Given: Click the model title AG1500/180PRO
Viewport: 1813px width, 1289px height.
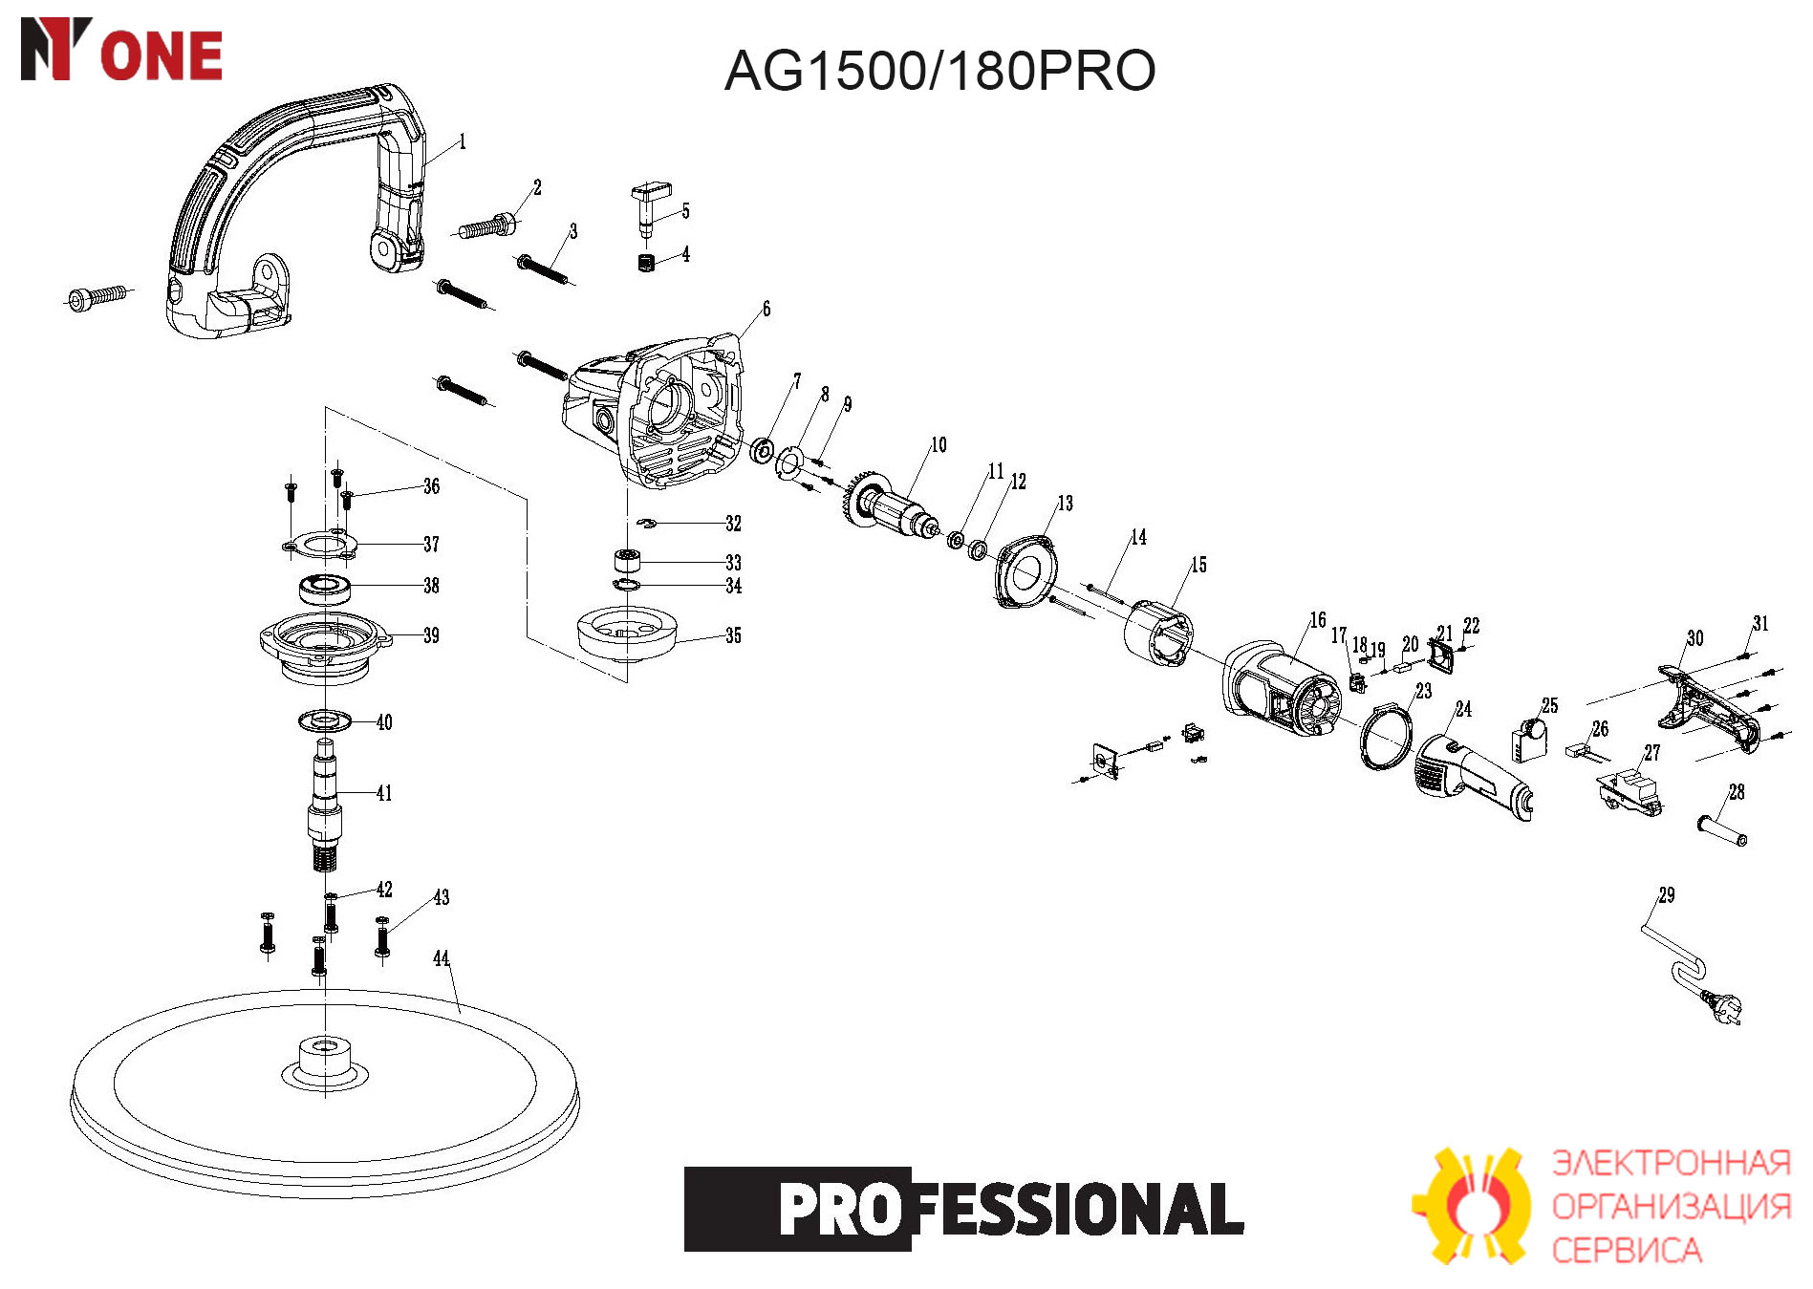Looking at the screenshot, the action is coord(939,71).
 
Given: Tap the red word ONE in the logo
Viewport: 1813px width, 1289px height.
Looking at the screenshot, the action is coord(162,55).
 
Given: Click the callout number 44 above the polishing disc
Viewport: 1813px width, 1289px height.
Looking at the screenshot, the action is coord(441,958).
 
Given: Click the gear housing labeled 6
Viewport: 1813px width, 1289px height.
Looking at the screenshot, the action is coord(654,411).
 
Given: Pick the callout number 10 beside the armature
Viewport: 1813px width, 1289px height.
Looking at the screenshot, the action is coord(939,445).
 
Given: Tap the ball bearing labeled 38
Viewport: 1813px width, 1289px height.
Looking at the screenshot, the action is coord(325,588).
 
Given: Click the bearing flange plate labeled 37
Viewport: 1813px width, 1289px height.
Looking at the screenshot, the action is coord(321,546).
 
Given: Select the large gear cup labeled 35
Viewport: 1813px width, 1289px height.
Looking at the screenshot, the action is coord(627,633).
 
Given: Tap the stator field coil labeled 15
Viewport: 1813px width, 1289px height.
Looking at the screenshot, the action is coord(1158,634).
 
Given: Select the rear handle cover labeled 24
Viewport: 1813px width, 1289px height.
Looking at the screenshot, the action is coord(1472,775).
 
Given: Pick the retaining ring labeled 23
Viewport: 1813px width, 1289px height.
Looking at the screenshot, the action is coord(1386,736).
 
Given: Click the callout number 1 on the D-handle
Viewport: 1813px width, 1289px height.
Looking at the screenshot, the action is coord(463,142).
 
